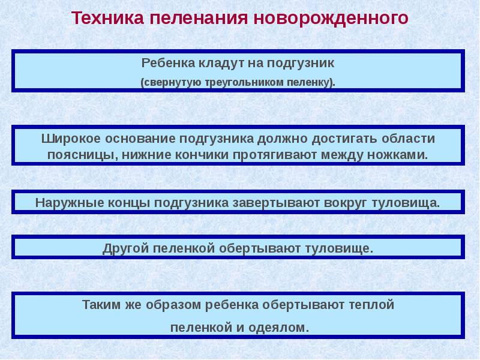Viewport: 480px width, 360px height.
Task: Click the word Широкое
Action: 71,138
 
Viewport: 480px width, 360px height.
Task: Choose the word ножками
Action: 403,154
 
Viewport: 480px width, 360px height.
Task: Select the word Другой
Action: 125,248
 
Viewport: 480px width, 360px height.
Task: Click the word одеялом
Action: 281,328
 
